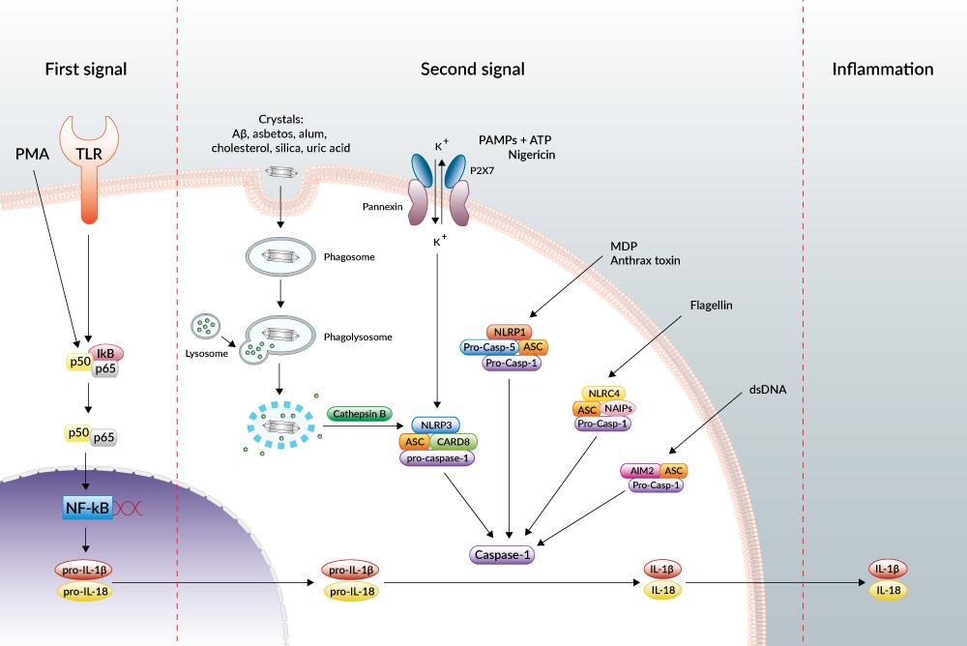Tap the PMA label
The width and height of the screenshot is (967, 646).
pos(31,153)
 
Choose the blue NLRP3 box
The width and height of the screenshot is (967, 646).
pos(439,425)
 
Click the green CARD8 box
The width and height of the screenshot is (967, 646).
pos(453,442)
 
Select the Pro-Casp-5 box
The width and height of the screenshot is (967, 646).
pos(489,346)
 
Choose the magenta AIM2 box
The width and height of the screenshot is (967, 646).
pos(639,470)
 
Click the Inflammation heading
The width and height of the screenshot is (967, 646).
pos(883,70)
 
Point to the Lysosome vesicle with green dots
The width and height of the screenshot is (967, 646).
pos(206,329)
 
